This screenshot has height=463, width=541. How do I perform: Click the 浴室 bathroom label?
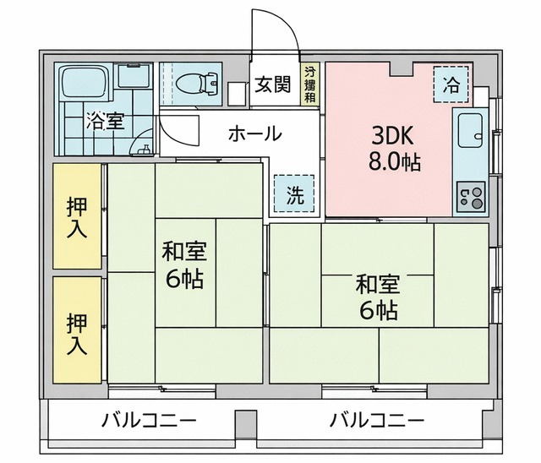click(105, 121)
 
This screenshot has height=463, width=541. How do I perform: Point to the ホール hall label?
click(254, 133)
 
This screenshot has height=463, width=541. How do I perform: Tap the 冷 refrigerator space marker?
click(452, 84)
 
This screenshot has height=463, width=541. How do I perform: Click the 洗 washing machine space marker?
click(293, 195)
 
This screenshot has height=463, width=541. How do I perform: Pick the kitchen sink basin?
click(468, 132)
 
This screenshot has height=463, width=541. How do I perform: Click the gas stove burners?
click(472, 198)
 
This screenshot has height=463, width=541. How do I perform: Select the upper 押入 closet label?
click(77, 215)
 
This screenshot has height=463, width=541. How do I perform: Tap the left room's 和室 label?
click(184, 251)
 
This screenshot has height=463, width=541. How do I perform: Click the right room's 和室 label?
click(377, 283)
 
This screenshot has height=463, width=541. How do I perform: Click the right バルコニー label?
click(377, 419)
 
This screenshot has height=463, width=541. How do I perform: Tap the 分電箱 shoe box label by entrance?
click(310, 84)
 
